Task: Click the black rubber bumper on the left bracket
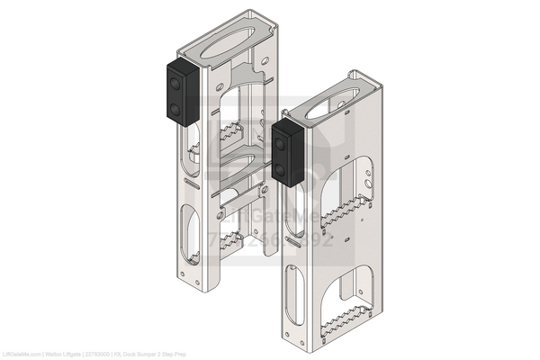click(x=180, y=93)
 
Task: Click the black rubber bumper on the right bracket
click(x=287, y=152)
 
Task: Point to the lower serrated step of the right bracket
click(x=346, y=318)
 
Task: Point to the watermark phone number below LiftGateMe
click(x=270, y=240)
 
